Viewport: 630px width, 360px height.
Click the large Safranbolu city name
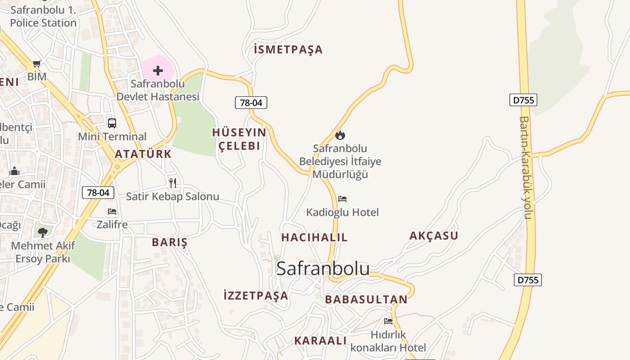[323, 269]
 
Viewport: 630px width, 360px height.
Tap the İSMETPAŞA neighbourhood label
[288, 49]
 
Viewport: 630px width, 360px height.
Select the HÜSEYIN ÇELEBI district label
[239, 139]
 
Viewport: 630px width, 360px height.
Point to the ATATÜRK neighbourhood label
[143, 154]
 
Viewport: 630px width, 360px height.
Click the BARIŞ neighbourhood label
[169, 242]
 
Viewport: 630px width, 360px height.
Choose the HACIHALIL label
[314, 237]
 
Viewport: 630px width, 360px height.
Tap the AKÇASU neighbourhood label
[433, 235]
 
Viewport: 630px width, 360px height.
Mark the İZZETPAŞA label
[256, 296]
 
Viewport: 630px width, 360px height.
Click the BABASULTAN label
[366, 299]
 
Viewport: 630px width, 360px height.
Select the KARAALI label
[320, 341]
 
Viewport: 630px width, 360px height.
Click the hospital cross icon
[158, 71]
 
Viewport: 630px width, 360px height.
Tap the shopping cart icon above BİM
[37, 64]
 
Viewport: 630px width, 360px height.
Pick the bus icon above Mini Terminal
[112, 123]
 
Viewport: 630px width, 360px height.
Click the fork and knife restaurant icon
[172, 183]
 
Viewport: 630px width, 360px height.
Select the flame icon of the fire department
[340, 135]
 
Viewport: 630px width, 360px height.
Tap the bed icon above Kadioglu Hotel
[342, 198]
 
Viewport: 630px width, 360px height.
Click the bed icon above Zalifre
[112, 211]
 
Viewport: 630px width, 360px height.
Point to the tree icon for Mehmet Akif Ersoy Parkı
[43, 232]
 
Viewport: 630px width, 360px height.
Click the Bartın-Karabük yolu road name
[526, 167]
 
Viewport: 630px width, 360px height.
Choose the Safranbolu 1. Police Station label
[43, 16]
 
